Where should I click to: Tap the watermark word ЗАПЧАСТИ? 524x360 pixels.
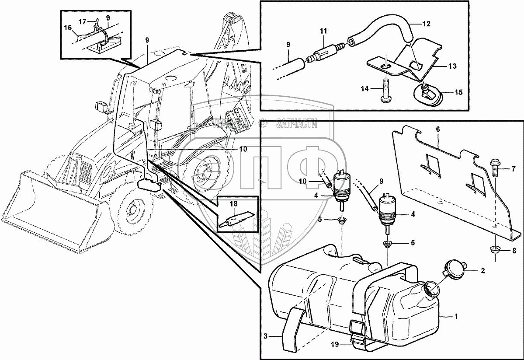tap(296, 125)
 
